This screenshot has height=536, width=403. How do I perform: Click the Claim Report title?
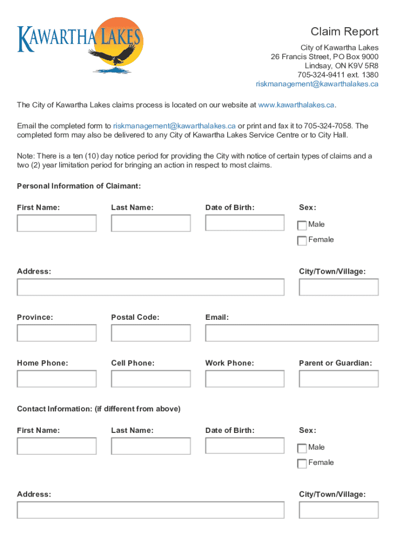[x=344, y=32]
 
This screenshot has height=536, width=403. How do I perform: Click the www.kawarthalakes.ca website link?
[x=296, y=105]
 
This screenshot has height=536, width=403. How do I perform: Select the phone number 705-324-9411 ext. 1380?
[x=338, y=75]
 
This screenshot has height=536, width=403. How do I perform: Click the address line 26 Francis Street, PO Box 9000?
[x=324, y=57]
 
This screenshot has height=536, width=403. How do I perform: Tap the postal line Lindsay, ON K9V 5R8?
[x=341, y=66]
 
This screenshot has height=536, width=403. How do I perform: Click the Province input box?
[x=57, y=333]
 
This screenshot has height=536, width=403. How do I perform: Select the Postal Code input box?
[x=151, y=333]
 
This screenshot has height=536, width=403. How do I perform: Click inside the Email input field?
[x=292, y=333]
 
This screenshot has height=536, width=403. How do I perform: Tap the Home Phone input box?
[x=57, y=378]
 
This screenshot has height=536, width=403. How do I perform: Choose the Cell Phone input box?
[x=151, y=378]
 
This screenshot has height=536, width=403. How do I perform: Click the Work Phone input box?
[x=244, y=378]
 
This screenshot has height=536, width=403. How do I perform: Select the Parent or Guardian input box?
[x=339, y=378]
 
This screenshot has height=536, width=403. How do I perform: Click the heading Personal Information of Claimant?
[x=79, y=186]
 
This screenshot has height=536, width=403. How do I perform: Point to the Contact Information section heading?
[x=98, y=409]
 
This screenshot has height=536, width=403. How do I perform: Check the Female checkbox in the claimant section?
[x=302, y=241]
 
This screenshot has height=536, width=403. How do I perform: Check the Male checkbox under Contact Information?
[x=302, y=448]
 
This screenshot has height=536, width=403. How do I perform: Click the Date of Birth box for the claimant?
[x=244, y=223]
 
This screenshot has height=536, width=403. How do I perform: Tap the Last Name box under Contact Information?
[x=151, y=446]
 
